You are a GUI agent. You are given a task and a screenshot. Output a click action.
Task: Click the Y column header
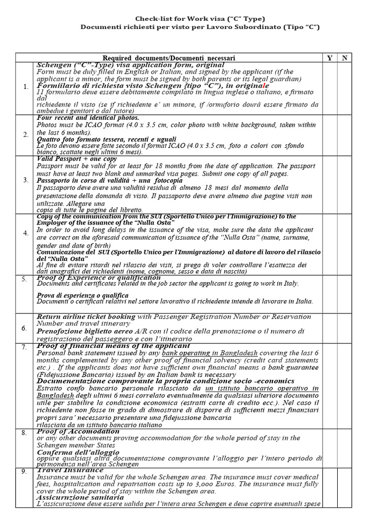click(330, 58)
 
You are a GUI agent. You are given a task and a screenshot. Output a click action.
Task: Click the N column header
click(345, 58)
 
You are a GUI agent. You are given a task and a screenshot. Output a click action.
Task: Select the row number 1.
click(25, 87)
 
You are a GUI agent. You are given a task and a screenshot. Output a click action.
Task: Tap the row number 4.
click(25, 233)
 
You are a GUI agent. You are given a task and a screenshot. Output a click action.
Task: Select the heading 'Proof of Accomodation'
click(78, 431)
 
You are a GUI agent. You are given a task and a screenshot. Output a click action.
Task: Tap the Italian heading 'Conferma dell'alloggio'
click(78, 451)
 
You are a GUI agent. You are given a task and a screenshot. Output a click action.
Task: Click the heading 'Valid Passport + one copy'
click(76, 159)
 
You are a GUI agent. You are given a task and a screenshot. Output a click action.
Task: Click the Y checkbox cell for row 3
click(330, 184)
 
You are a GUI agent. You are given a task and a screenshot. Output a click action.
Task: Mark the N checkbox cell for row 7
click(345, 385)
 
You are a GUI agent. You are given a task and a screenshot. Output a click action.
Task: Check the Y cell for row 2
click(330, 135)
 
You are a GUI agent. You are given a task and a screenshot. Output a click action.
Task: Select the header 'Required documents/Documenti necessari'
click(169, 58)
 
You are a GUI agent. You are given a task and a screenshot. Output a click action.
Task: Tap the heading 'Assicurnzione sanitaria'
click(77, 497)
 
